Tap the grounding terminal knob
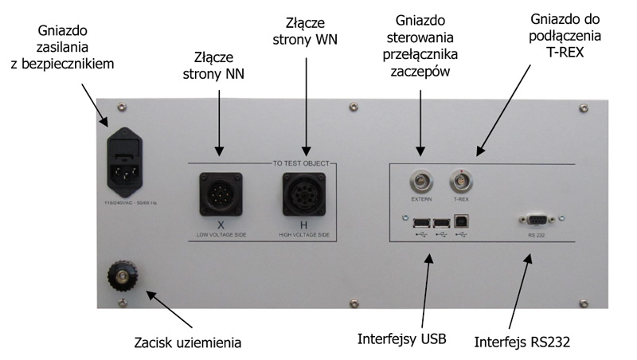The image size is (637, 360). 124,276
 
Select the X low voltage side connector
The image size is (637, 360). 220,192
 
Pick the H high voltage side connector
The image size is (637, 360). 303,192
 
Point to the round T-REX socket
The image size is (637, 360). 460,177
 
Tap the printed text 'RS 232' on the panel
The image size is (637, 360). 535,236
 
